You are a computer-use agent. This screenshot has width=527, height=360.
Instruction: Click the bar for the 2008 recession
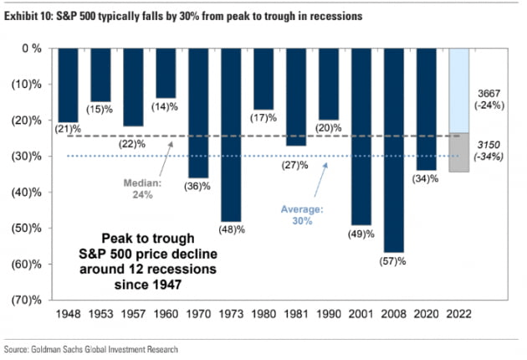point(395,150)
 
